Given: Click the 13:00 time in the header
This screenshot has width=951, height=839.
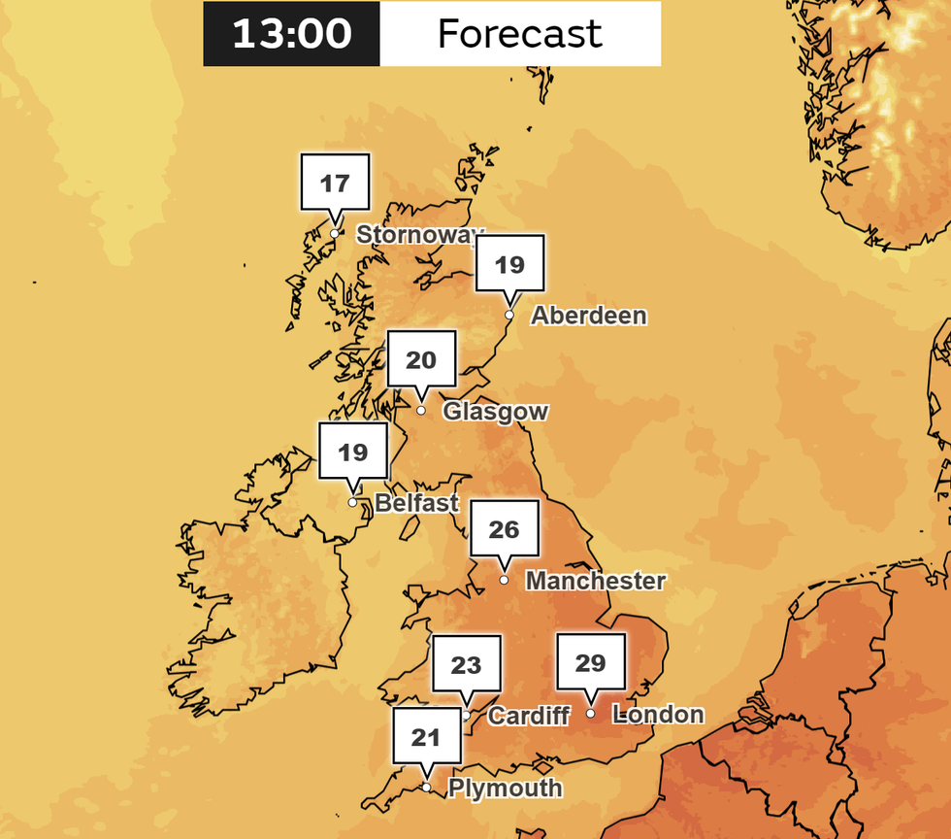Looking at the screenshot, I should coord(291,34).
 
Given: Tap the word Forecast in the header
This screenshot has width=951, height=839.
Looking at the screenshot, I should coord(520,34).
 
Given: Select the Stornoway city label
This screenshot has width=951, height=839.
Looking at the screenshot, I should coord(418,235).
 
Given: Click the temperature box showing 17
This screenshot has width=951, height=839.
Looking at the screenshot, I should coord(335,183).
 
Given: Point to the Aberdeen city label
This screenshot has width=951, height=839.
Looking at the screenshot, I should coord(588,316).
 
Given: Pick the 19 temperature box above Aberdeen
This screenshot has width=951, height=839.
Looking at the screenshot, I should coord(509,264).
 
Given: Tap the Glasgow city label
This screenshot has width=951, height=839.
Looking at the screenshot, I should coord(495,412).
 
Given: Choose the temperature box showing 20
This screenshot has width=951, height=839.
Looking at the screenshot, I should coord(421,360).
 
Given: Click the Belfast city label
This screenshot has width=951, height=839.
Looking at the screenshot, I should coord(416,503).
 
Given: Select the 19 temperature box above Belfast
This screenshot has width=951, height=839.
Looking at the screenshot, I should coord(353,452).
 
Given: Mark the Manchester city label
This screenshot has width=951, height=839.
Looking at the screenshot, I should coord(595,581).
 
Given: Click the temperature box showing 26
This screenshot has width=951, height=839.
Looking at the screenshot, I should coord(504,529).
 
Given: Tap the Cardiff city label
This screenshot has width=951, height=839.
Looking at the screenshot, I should coord(528,716).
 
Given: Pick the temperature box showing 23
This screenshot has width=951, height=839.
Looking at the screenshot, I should coord(467,664).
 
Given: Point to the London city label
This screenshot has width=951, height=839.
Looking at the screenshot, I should coord(659,715).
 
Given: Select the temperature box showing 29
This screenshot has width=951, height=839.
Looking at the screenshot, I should coord(590,663).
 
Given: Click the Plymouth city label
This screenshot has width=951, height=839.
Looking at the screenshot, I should coord(505,788).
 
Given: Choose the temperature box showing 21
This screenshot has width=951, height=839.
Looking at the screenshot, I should coord(426,737).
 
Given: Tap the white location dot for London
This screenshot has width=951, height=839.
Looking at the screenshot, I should coord(590,714).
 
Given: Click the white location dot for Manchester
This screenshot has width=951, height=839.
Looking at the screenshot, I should coord(504,580).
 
